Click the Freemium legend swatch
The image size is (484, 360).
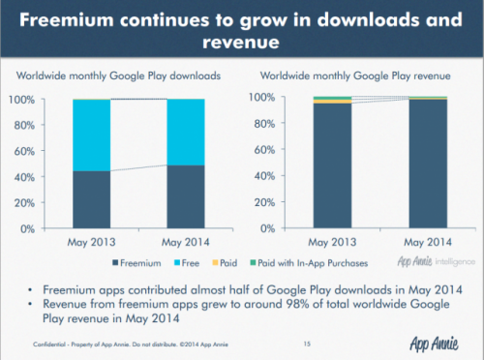tap(118, 262)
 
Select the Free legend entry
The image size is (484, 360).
tap(195, 262)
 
